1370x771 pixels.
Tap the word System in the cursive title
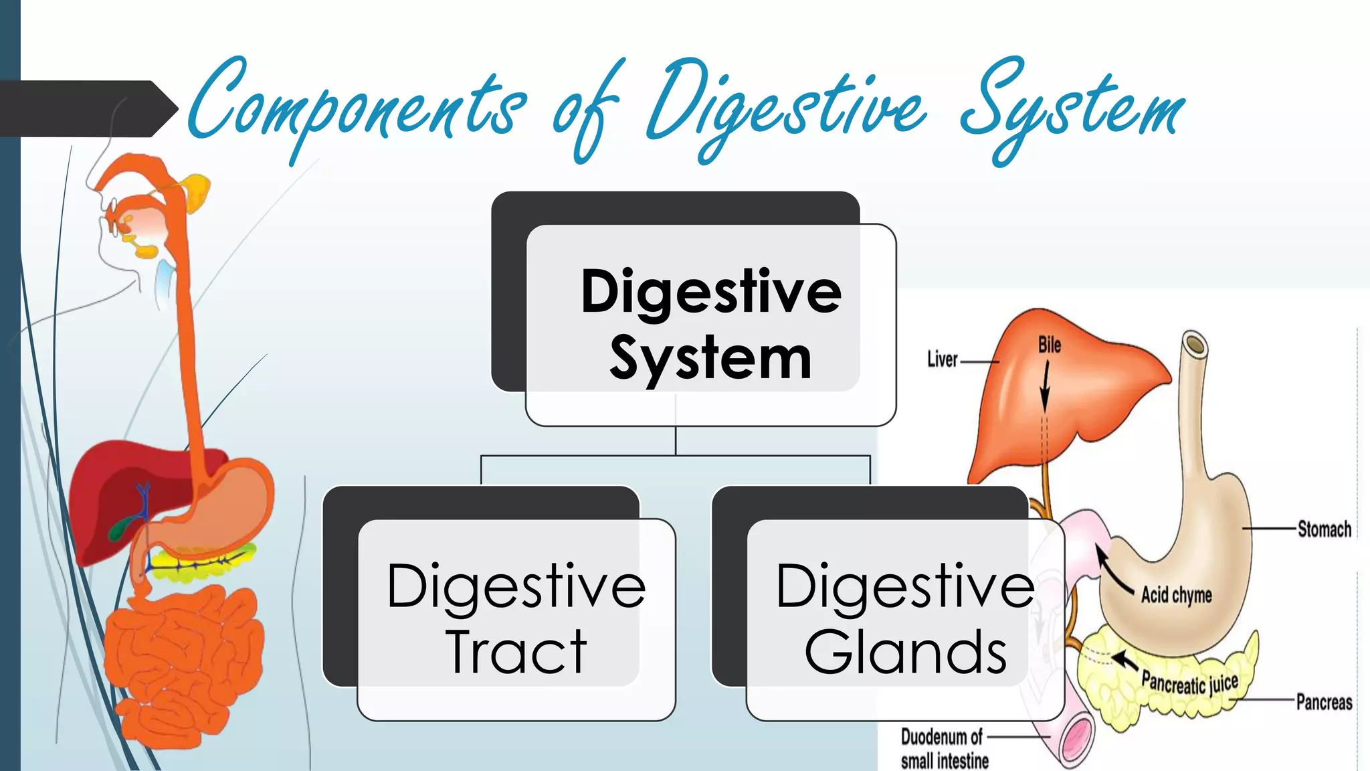coord(1070,110)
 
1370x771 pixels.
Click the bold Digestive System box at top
coord(710,324)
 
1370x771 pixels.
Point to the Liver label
coord(942,360)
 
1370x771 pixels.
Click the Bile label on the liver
coord(1049,345)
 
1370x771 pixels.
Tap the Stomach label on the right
coord(1324,529)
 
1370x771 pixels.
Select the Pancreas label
coord(1324,702)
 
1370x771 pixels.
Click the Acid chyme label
coord(1176,595)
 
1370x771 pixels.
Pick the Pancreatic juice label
coord(1189,683)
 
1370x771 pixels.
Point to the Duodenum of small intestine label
coord(944,749)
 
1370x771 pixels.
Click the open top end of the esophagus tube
coord(1194,345)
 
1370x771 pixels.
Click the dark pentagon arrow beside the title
coord(87,108)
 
